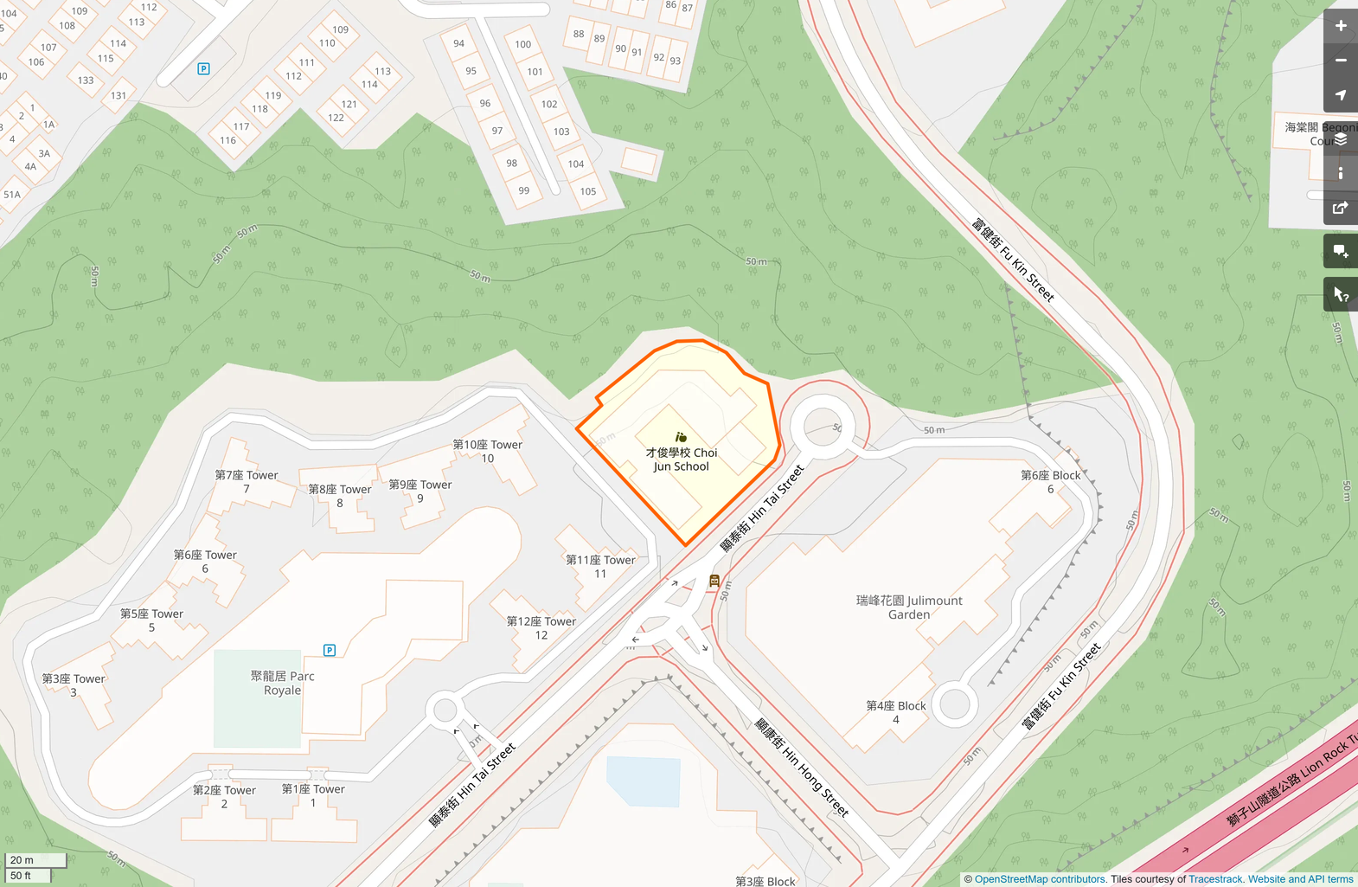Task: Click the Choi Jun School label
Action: pos(681,459)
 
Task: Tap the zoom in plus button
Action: pos(1340,26)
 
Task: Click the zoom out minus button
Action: pos(1340,61)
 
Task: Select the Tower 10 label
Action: pos(488,451)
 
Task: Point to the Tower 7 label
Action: pos(247,481)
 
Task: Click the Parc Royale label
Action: pos(283,683)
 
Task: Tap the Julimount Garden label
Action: pos(909,607)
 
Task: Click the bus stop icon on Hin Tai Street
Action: pos(714,581)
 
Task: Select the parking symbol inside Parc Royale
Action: pos(330,650)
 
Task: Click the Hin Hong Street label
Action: pos(802,767)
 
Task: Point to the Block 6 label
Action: pos(1050,481)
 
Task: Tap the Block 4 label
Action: pos(896,712)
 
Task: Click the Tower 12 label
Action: pos(541,627)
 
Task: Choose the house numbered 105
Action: pos(588,191)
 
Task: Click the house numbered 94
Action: pos(458,43)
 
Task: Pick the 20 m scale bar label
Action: pos(22,860)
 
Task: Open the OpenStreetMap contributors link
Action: pos(1041,879)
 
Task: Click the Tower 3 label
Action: pos(74,685)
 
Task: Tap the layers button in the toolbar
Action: pos(1340,139)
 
